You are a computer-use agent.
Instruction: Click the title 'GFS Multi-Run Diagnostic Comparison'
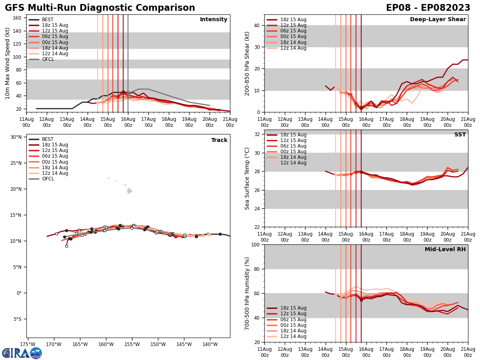click(x=100, y=8)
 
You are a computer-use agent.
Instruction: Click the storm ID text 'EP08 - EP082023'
click(x=428, y=8)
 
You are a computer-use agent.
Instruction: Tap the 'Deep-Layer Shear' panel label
click(x=438, y=20)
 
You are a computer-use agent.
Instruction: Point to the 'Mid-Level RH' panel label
click(x=445, y=250)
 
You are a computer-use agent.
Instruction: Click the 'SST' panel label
click(x=460, y=135)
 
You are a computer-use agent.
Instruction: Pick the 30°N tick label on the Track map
click(x=16, y=137)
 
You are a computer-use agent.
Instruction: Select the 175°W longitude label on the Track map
click(x=28, y=344)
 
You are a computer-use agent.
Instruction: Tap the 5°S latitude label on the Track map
click(x=17, y=319)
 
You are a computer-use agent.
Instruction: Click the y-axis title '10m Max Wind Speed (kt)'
click(x=8, y=63)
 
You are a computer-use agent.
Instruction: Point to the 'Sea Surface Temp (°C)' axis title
click(x=248, y=178)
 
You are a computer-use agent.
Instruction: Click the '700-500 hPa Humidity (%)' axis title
click(x=248, y=293)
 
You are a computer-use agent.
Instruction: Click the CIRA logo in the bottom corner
click(x=22, y=353)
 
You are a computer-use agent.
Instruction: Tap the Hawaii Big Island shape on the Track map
click(x=129, y=191)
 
